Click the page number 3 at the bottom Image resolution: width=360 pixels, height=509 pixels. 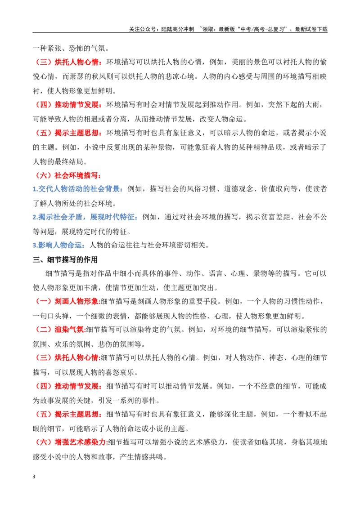pyautogui.click(x=34, y=477)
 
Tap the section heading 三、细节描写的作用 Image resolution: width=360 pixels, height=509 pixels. pyautogui.click(x=65, y=260)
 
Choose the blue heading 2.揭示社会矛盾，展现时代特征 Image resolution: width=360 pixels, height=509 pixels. pyautogui.click(x=84, y=217)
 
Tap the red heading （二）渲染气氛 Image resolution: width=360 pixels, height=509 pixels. pyautogui.click(x=59, y=330)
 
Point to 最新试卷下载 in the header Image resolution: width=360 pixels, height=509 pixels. pyautogui.click(x=311, y=29)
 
